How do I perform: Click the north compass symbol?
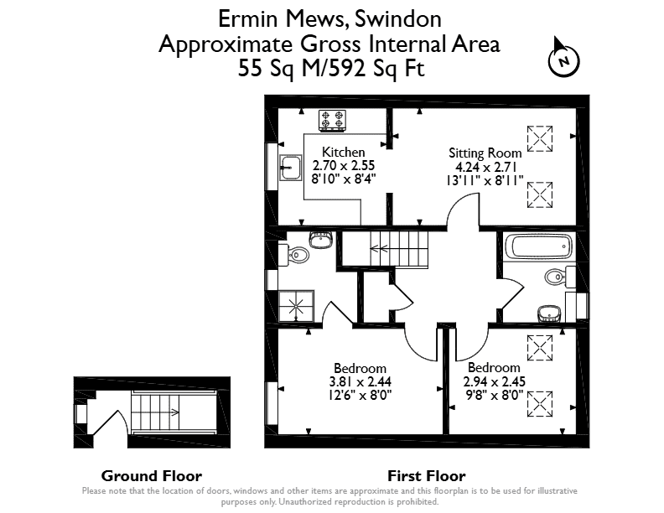(563, 58)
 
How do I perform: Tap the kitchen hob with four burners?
(332, 120)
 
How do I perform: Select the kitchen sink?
(290, 168)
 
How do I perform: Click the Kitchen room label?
(344, 152)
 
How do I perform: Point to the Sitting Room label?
(485, 153)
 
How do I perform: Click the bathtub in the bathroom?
(538, 246)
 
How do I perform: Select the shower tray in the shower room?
(296, 306)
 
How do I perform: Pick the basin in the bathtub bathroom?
(549, 313)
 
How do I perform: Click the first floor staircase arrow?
(379, 248)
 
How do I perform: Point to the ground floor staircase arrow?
(174, 412)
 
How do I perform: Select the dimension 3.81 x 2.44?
(361, 381)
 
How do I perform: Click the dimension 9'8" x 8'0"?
(494, 396)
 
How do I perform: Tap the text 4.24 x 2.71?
(485, 167)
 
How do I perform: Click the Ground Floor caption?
(152, 476)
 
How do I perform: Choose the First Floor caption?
(427, 476)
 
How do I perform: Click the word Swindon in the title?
(398, 19)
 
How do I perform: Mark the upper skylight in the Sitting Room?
(540, 138)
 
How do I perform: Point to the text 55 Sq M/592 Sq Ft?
(331, 68)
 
